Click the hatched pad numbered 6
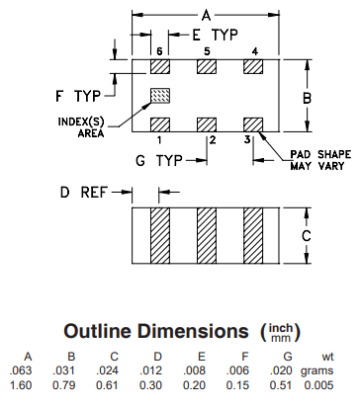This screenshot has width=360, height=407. [160, 67]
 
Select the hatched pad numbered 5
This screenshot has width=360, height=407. [207, 67]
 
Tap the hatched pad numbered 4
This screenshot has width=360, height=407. [253, 67]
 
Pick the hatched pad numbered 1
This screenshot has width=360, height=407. [160, 124]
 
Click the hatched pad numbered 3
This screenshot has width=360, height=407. [253, 124]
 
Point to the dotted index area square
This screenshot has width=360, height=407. [160, 96]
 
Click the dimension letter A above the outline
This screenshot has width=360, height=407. [206, 15]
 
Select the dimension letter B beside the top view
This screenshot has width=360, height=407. [307, 98]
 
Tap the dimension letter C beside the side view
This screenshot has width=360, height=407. [307, 236]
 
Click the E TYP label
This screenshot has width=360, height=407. [215, 35]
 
